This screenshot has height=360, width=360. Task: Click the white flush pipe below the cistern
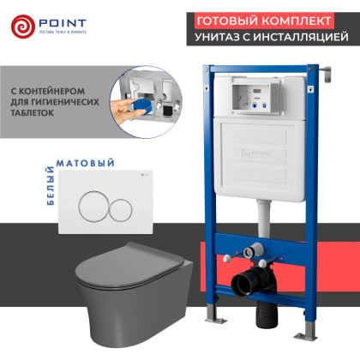tap(260, 210)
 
